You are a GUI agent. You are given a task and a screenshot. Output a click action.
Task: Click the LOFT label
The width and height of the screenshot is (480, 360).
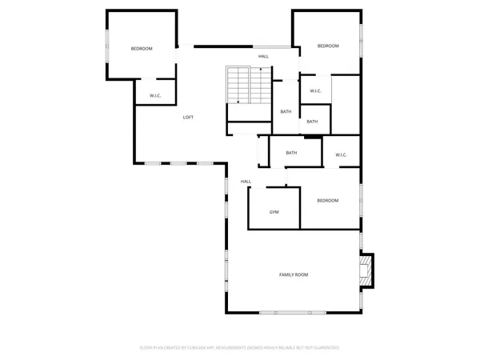[188, 118]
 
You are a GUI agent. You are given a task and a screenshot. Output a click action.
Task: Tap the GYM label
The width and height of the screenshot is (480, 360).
[274, 212]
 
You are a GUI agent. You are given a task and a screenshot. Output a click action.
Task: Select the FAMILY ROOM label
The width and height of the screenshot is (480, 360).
[294, 274]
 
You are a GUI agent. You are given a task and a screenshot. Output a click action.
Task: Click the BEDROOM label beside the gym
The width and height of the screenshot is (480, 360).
[327, 200]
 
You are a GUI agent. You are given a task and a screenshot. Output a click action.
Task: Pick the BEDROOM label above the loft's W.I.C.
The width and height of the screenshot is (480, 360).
[142, 49]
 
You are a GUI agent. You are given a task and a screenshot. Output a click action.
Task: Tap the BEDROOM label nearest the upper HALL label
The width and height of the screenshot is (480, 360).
[328, 46]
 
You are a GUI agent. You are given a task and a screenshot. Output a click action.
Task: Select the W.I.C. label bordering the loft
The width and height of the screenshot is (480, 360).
[155, 96]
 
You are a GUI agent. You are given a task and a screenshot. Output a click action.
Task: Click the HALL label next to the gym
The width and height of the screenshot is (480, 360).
[246, 182]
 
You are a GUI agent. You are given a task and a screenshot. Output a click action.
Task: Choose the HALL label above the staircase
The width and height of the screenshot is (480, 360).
[263, 56]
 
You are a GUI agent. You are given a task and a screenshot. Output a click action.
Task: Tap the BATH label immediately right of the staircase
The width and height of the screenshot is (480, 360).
[286, 111]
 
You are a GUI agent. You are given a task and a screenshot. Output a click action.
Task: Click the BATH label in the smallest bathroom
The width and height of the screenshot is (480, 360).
[312, 122]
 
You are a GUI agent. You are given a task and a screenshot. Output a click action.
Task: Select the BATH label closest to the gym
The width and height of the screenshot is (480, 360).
[291, 153]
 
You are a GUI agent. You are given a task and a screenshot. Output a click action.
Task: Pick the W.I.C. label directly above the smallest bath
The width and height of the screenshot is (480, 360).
[315, 90]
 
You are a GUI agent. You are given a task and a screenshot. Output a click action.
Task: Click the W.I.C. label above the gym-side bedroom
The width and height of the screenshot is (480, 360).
[341, 154]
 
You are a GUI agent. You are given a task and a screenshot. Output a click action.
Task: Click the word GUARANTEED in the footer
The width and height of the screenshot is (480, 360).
[326, 348]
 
